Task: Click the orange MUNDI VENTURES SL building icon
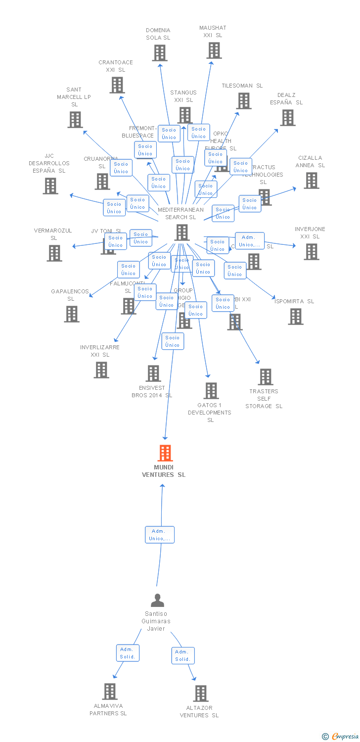point(165,453)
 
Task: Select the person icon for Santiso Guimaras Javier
point(157,600)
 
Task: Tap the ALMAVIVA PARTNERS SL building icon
point(110,691)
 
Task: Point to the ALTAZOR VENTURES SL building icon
point(200,693)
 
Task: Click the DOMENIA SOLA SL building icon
point(159,53)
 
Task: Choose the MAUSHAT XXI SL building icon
point(214,50)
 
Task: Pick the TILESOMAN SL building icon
point(243,101)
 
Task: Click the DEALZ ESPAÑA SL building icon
point(287,118)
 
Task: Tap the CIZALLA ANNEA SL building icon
point(311,181)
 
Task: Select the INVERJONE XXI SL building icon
point(311,252)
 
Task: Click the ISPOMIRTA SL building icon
point(296,317)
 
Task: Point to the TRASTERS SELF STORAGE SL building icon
point(265,376)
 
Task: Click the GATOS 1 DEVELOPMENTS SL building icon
point(211,391)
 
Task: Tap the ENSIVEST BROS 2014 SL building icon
point(153,373)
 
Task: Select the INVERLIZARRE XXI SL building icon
point(101,370)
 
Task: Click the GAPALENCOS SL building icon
point(71,314)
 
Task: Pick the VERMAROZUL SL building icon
point(54,253)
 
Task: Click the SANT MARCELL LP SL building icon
point(75,120)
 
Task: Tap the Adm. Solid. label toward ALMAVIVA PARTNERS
point(128,653)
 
